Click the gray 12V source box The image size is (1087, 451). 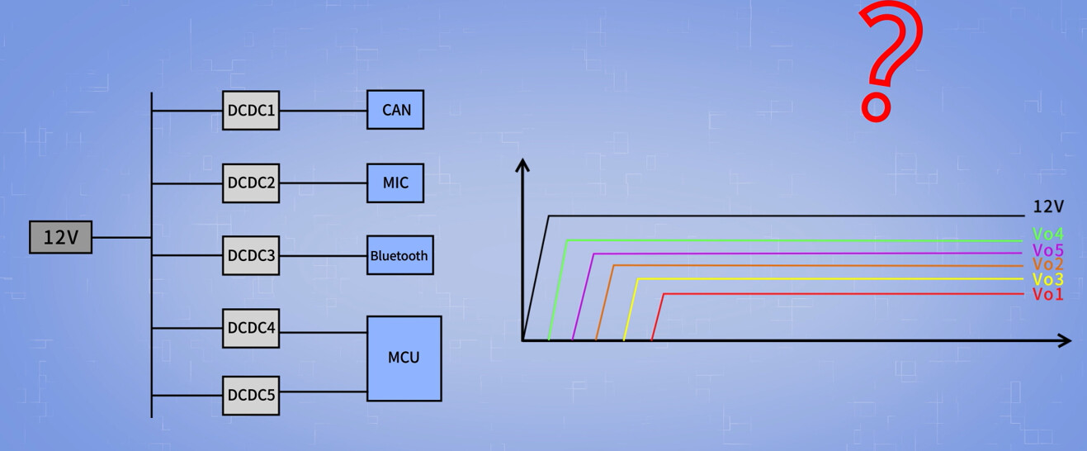tap(60, 237)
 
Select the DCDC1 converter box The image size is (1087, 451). tap(251, 110)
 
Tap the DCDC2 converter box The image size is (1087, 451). tap(251, 183)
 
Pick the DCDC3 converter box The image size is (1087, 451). tap(251, 255)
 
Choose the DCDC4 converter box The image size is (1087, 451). tap(251, 328)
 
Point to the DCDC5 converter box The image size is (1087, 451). tap(251, 395)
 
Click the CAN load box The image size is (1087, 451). tap(395, 110)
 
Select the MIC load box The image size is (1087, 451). tap(395, 183)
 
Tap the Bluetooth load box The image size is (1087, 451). tap(399, 255)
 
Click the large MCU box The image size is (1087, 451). tap(404, 358)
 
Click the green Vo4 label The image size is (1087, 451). tap(1047, 235)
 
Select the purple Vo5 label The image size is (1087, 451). tap(1047, 250)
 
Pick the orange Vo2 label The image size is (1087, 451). tap(1047, 264)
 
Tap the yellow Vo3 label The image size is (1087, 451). tap(1047, 279)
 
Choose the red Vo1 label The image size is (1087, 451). tap(1047, 294)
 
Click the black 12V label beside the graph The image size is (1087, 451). tap(1048, 207)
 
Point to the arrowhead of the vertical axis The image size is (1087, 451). tap(522, 164)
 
